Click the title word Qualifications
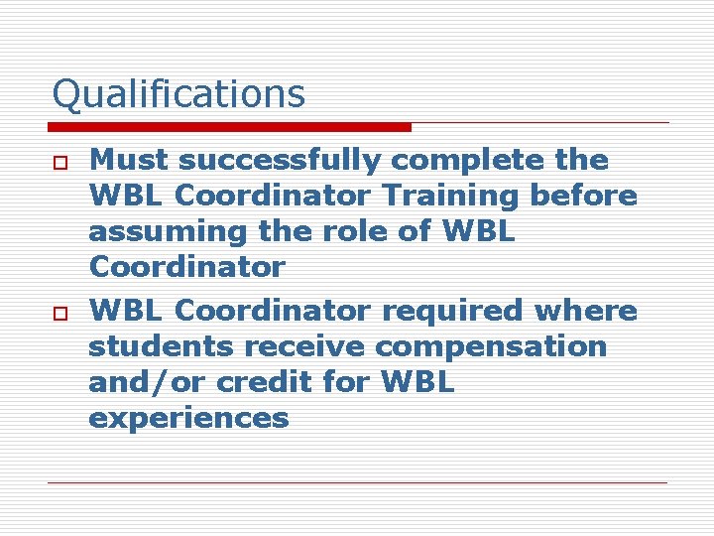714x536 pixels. [178, 94]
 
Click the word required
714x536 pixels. [454, 312]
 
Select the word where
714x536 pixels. [586, 311]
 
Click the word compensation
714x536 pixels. [492, 348]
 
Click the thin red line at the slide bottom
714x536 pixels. [357, 483]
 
